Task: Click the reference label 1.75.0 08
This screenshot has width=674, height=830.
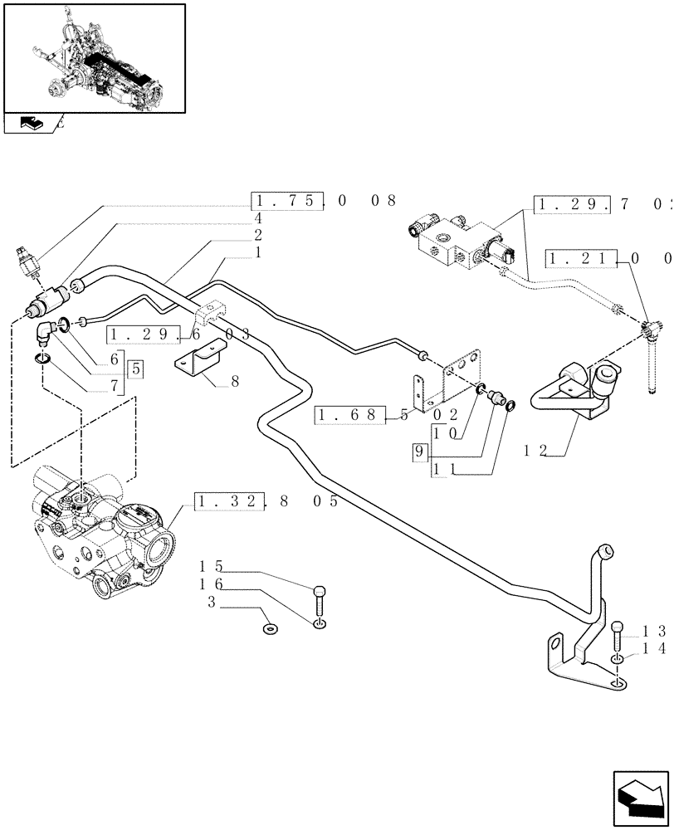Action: (324, 202)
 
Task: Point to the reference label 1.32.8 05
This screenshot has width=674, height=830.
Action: (266, 502)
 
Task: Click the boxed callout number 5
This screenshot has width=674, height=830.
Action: (134, 368)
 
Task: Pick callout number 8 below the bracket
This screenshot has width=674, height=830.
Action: (234, 382)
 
